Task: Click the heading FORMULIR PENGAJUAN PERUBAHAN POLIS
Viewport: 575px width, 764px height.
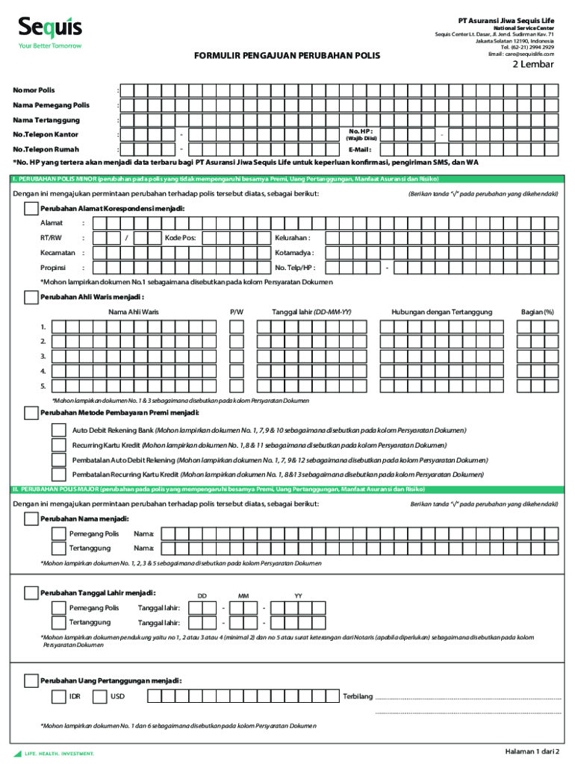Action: tap(287, 56)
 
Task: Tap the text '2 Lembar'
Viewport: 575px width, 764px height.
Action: tap(532, 64)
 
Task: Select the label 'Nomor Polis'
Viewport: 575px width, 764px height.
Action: tap(34, 90)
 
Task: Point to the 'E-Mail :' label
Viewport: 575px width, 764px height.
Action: tap(359, 149)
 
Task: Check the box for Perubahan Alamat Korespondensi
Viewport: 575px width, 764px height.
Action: tap(31, 208)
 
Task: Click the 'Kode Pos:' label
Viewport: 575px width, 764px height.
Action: tap(180, 237)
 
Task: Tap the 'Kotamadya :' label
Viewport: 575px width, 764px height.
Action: tap(294, 253)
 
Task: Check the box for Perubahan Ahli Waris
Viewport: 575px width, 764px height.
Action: tap(31, 297)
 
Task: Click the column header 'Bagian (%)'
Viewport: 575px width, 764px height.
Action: tap(538, 311)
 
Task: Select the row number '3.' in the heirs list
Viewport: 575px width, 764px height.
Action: tap(43, 357)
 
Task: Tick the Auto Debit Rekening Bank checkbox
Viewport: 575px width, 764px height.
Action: tap(58, 430)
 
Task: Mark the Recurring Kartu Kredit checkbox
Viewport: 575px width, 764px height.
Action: tap(58, 445)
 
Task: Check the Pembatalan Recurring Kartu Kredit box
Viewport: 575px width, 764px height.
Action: tap(58, 474)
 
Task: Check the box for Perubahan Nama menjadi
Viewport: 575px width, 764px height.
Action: tap(31, 518)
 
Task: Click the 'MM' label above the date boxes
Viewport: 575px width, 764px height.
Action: tap(243, 596)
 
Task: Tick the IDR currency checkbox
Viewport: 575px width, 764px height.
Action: tap(58, 697)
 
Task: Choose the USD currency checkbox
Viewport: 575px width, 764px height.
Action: tap(99, 697)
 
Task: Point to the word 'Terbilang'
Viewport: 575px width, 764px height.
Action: tap(357, 697)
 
